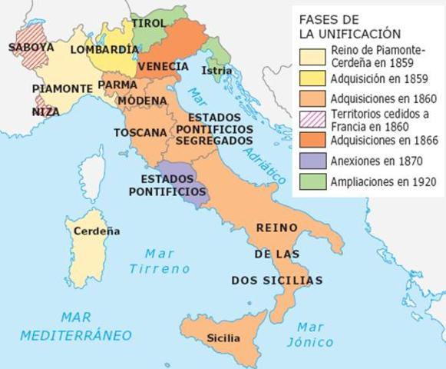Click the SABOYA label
pos(31,47)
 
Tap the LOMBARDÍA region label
pos(104,49)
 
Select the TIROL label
pos(149,24)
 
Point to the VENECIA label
pos(164,67)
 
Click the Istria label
pos(213,71)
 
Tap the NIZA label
pos(45,111)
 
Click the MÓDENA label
pos(142,101)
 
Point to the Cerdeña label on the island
pos(97,230)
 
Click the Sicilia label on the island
pos(223,338)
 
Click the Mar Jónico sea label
pos(305,334)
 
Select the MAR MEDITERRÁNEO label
pos(76,326)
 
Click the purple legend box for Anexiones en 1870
pos(312,161)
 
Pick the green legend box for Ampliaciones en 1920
pos(312,182)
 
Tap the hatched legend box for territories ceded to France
pos(312,119)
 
